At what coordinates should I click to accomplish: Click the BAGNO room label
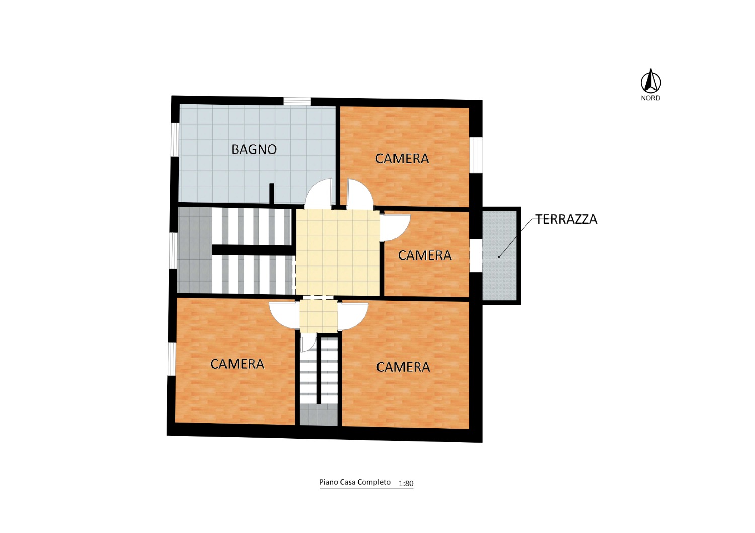(x=254, y=149)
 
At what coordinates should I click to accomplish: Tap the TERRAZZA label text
(x=567, y=219)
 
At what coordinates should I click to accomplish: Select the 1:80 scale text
(x=406, y=484)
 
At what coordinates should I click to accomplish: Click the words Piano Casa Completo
(x=355, y=482)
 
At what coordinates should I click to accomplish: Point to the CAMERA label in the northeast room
(x=402, y=158)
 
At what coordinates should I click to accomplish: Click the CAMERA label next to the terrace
(x=425, y=255)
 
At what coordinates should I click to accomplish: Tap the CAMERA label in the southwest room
(x=237, y=364)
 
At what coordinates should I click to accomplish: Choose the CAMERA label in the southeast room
(x=403, y=367)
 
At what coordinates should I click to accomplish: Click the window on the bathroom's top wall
(x=296, y=101)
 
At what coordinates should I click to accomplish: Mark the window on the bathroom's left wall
(x=175, y=140)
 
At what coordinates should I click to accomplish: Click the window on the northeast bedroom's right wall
(x=476, y=155)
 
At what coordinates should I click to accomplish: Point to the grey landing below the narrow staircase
(x=319, y=414)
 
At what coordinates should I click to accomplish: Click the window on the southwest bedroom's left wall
(x=171, y=359)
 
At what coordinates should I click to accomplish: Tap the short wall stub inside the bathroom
(x=271, y=194)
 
